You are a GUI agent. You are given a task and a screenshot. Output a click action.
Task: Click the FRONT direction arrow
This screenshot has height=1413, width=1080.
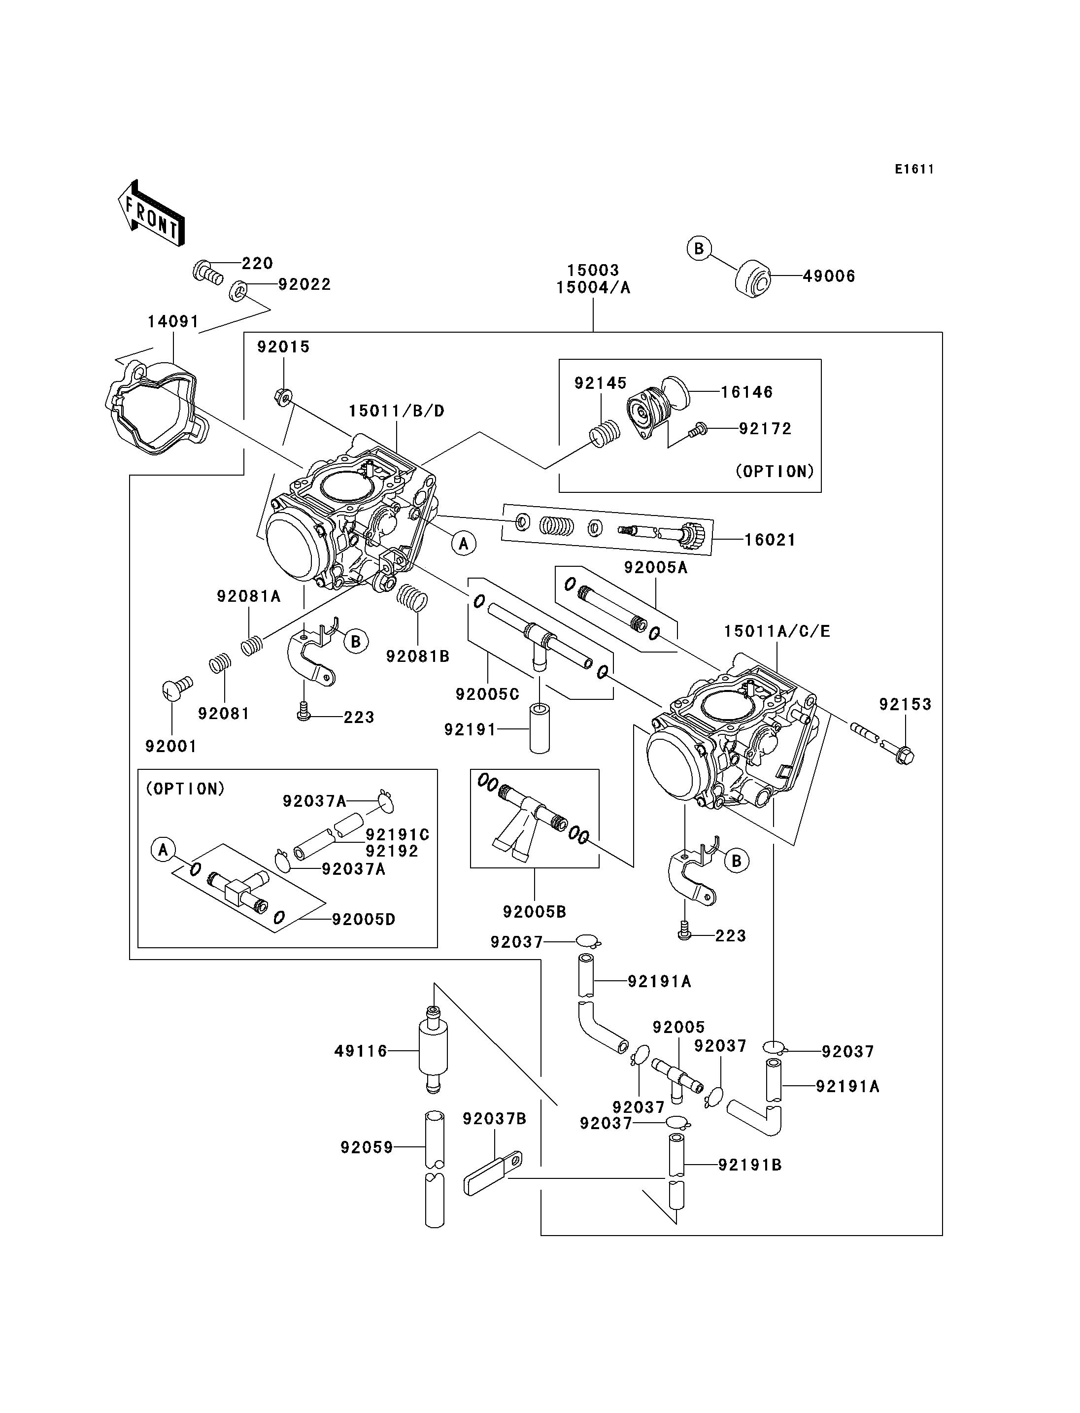pos(152,212)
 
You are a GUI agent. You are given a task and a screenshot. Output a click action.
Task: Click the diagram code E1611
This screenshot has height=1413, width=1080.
pos(914,169)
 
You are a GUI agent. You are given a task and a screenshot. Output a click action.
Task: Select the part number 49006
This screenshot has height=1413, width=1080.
pos(829,276)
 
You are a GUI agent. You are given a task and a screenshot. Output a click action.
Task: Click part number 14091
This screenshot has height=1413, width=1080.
pos(173,321)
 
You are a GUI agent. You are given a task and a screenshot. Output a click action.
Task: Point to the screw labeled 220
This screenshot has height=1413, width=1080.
pos(207,272)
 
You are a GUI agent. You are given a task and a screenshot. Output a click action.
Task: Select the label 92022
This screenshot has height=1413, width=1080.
pos(304,284)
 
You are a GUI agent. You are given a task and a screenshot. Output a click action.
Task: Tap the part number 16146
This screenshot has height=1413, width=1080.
pos(746,392)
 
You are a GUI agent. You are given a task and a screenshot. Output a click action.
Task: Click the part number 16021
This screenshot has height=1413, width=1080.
pos(770,540)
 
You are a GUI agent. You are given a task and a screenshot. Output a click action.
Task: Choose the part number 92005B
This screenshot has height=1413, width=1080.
pos(534,911)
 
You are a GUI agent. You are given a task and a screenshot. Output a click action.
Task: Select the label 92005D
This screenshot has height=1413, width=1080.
pos(363,919)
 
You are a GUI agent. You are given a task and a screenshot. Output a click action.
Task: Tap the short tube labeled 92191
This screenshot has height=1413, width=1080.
pos(539,729)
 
